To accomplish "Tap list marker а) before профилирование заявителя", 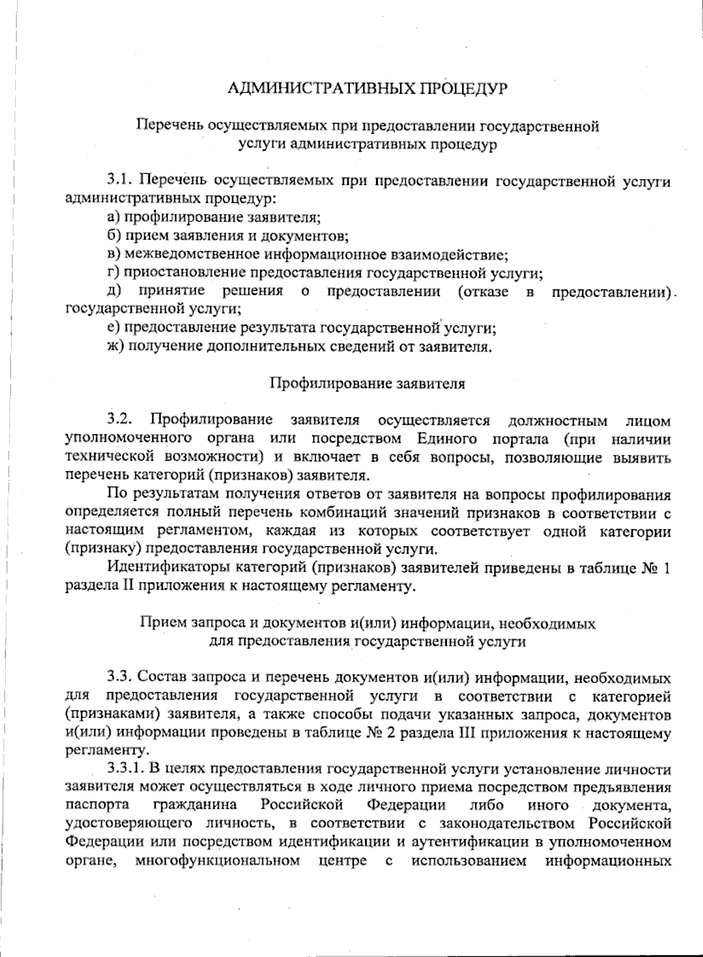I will pyautogui.click(x=113, y=218).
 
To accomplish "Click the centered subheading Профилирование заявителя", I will pyautogui.click(x=367, y=384).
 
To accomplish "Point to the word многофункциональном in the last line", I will pyautogui.click(x=217, y=861).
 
